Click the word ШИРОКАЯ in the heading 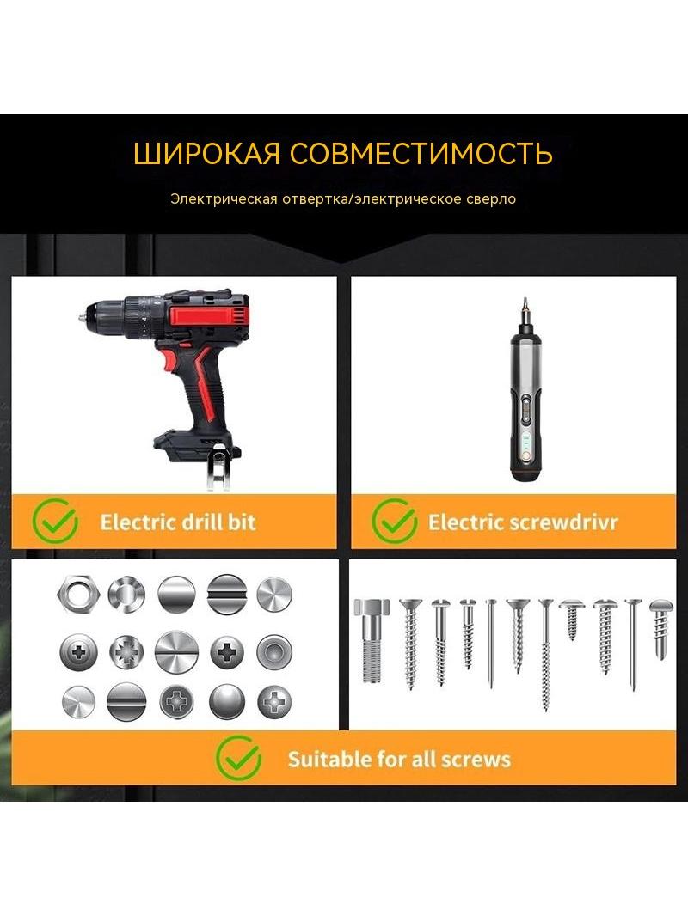click(206, 153)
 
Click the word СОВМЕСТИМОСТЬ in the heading click(421, 153)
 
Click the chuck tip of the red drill click(82, 319)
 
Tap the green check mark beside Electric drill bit click(56, 521)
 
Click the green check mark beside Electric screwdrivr click(395, 521)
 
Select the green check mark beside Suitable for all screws click(238, 758)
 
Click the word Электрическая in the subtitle click(224, 198)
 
